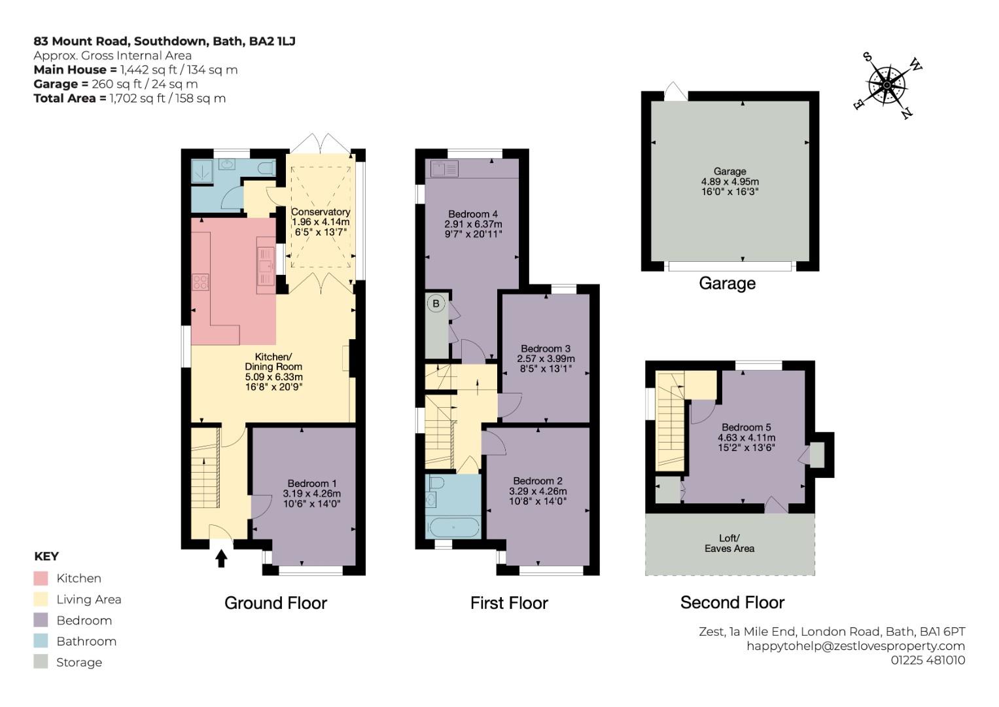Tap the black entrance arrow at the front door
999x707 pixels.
point(221,558)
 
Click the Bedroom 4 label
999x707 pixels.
point(473,214)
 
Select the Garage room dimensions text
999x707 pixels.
point(730,187)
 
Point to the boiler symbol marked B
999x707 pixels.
point(436,304)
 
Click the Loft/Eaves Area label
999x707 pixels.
point(729,543)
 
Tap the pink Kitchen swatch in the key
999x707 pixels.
point(41,578)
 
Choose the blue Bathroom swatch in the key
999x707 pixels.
point(41,641)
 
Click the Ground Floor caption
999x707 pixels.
point(275,603)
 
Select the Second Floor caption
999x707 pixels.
point(732,602)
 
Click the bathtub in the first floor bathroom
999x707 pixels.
point(453,527)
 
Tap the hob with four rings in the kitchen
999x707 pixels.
point(200,282)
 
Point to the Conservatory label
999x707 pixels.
point(320,212)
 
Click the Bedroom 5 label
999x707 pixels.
point(746,427)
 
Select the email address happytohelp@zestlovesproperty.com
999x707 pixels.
point(856,646)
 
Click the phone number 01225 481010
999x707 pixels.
point(928,660)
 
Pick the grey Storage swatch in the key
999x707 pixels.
point(41,661)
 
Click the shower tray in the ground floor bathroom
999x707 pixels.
point(202,171)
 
